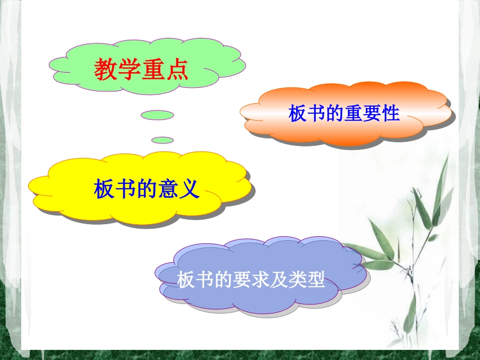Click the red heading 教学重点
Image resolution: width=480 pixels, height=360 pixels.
[141, 70]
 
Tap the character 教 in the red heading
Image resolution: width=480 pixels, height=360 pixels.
[106, 70]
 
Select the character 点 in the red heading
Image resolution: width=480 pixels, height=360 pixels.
[176, 70]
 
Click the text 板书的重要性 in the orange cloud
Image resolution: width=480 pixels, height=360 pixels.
[344, 114]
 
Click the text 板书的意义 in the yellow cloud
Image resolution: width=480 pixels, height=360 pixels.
[147, 189]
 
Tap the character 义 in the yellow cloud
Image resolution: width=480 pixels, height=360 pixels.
[189, 189]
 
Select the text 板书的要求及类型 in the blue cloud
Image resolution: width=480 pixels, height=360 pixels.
[251, 280]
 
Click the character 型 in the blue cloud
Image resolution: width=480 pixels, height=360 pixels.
[316, 280]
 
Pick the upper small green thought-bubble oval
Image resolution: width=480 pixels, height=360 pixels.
[157, 115]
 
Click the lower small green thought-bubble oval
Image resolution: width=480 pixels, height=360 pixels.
[162, 140]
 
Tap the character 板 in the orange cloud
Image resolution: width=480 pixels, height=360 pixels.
[298, 114]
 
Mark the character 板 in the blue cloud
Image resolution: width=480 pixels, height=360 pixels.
[186, 280]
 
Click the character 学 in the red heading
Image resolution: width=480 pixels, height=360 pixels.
[129, 70]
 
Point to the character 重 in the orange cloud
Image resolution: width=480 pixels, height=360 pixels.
[354, 114]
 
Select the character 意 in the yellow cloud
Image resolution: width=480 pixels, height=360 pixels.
[168, 189]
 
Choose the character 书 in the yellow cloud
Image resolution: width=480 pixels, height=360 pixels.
[126, 189]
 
